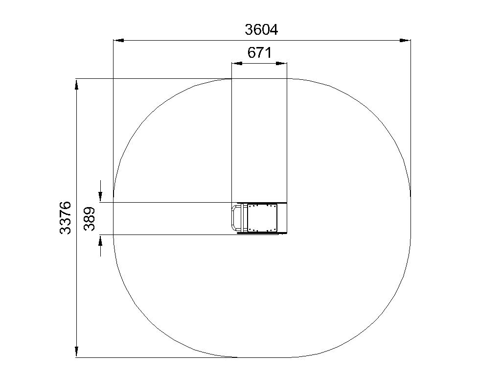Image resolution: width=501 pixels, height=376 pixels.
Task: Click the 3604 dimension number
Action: (x=261, y=29)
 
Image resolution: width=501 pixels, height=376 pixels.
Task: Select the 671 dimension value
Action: (x=259, y=53)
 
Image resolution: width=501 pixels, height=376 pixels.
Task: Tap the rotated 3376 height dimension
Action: (x=66, y=217)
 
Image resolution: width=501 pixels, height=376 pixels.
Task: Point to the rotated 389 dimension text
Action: (x=90, y=219)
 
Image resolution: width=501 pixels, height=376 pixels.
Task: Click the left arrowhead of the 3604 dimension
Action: (x=119, y=40)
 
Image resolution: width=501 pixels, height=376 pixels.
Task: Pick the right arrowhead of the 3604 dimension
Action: (x=405, y=40)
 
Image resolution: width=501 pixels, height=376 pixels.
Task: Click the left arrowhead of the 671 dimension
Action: (x=237, y=63)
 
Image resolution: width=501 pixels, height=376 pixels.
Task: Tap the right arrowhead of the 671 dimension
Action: (x=281, y=63)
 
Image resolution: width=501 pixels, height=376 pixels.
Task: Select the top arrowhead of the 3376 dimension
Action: (x=76, y=84)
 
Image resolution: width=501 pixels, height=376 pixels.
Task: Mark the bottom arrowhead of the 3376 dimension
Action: (x=76, y=352)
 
